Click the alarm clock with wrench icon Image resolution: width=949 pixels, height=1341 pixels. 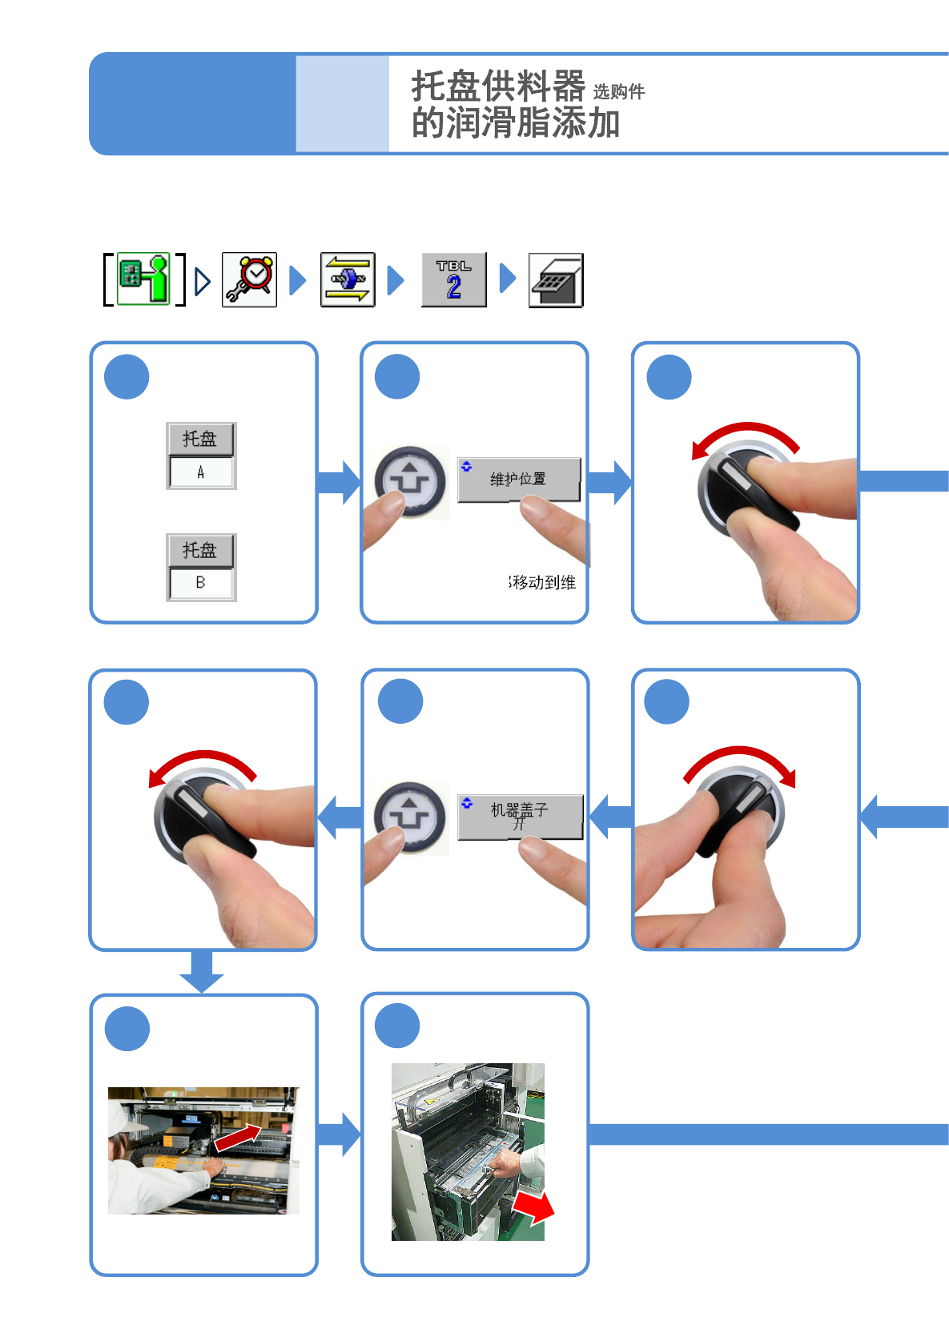tap(250, 279)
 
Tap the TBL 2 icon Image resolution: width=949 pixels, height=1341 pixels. tap(453, 279)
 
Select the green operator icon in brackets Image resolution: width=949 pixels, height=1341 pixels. tap(144, 279)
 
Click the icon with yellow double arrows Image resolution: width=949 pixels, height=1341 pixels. tap(348, 279)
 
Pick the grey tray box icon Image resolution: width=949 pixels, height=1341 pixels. tap(556, 280)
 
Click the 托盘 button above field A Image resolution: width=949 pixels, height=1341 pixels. tap(200, 439)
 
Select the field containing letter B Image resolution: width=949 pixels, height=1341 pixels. tap(201, 583)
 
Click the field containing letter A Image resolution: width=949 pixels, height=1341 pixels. tap(201, 472)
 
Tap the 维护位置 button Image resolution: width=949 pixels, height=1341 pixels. tap(519, 479)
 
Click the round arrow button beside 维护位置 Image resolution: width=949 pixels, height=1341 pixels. tap(411, 480)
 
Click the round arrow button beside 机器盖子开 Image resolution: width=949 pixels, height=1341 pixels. tap(411, 817)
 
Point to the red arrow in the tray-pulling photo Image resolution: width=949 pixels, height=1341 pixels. tap(534, 1206)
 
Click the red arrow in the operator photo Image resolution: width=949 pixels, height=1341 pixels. tap(238, 1138)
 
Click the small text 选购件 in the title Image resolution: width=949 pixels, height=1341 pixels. tap(618, 92)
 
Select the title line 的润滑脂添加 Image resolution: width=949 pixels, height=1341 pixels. tap(516, 123)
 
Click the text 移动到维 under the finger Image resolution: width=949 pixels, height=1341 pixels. tap(543, 582)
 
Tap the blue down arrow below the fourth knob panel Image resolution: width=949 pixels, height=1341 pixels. tap(201, 970)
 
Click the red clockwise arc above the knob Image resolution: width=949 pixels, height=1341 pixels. tap(740, 761)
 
